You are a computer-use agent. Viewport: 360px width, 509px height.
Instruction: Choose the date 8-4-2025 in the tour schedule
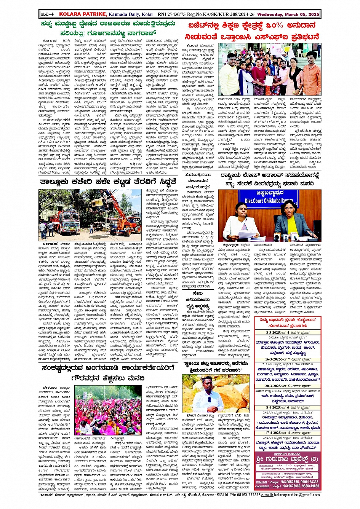273,408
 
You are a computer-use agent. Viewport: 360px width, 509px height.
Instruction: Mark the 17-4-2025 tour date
274,433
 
